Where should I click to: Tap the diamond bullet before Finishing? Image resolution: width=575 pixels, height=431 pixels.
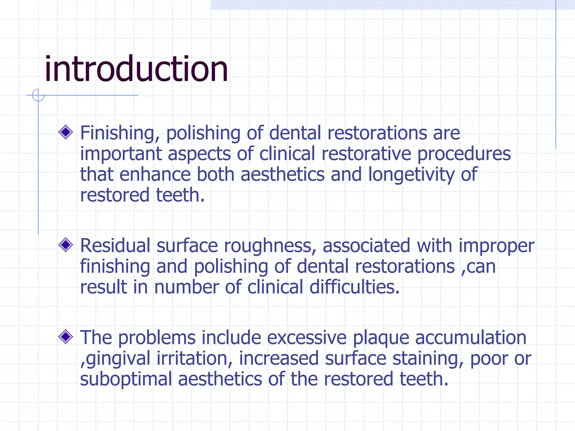click(66, 132)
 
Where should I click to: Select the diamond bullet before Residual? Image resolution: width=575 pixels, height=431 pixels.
click(66, 245)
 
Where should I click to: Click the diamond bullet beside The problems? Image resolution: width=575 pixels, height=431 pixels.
click(66, 337)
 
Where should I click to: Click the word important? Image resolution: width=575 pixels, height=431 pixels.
click(121, 154)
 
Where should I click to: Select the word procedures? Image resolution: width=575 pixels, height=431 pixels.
click(464, 154)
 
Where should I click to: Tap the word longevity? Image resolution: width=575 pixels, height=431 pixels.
click(411, 175)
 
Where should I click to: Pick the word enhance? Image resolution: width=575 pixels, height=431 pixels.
click(155, 175)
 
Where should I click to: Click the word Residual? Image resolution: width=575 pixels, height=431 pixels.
click(115, 246)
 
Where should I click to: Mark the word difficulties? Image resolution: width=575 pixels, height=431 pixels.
click(354, 287)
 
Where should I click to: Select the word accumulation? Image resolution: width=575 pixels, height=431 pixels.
click(471, 337)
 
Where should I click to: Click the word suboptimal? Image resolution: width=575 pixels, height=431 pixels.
click(126, 379)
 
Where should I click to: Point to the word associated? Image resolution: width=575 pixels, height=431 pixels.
click(366, 246)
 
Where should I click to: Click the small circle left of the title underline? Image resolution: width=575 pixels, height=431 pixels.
click(38, 95)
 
